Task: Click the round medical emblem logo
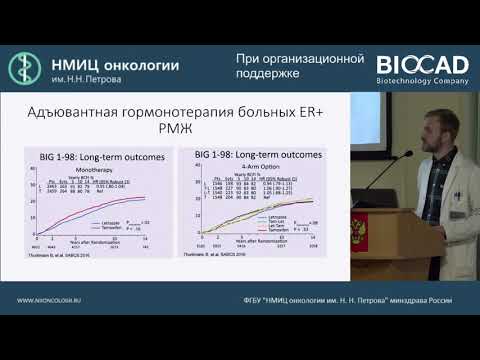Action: point(26,68)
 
